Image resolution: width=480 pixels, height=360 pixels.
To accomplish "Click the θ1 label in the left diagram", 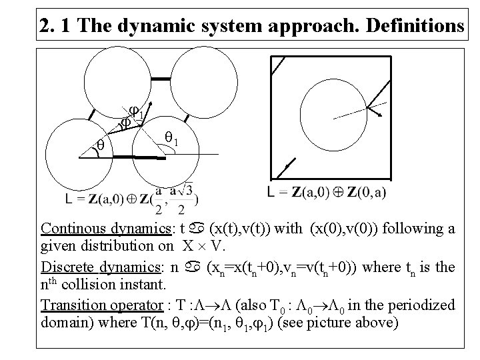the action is point(171,140).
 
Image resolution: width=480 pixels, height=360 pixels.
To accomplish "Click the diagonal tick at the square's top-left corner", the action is point(277,65).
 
